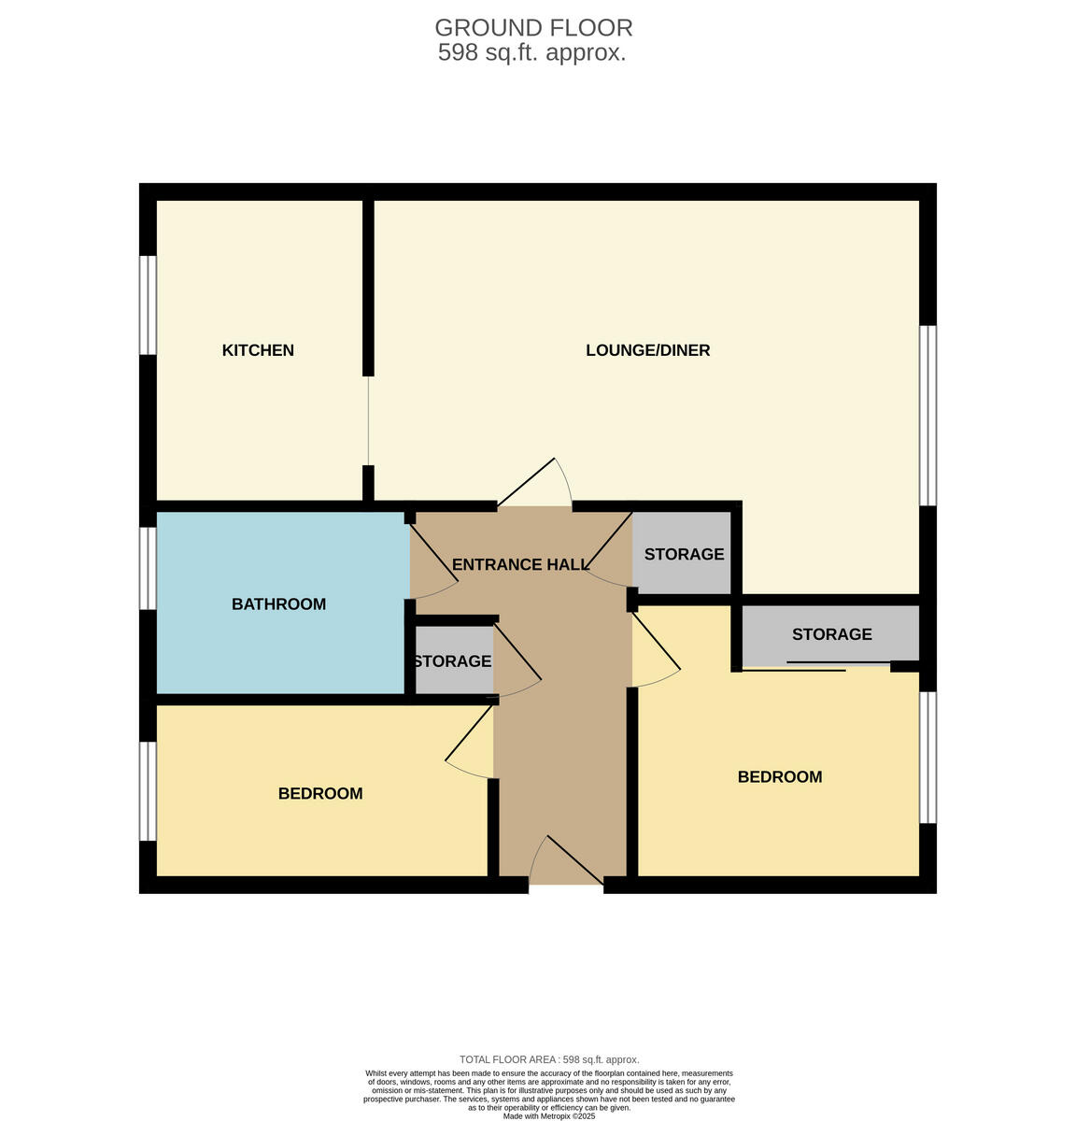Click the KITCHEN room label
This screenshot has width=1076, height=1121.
258,350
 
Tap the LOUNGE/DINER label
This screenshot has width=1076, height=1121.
647,350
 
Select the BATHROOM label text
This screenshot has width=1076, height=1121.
278,604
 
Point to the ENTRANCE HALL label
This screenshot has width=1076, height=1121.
520,564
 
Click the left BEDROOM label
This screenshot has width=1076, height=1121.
320,793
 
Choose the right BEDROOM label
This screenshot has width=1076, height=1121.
780,776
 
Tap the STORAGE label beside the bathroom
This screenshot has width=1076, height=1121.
452,661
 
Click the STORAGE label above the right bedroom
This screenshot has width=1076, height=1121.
831,634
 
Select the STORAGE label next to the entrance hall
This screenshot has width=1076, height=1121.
684,554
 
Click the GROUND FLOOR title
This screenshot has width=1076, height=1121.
533,28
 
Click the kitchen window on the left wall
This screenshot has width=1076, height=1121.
148,305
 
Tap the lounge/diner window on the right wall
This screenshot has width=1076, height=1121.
927,415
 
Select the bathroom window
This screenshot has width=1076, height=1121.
148,568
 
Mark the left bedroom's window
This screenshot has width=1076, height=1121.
148,790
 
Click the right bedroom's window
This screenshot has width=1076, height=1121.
927,757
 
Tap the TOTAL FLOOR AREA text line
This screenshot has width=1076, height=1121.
549,1059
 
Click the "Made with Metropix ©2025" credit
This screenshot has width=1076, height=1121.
549,1115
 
